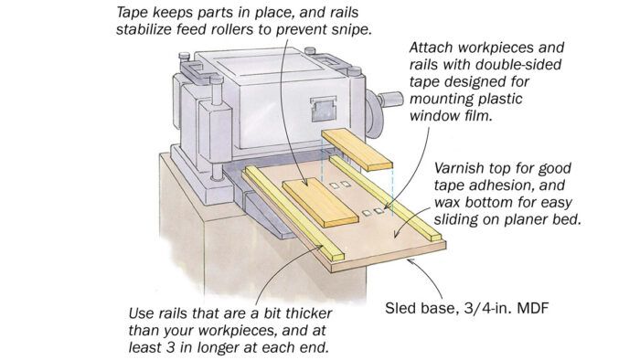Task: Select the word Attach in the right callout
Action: [432, 48]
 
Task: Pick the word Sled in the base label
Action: [400, 308]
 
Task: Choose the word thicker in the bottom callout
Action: [309, 313]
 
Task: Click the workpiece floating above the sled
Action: [357, 149]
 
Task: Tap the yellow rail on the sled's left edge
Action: [293, 213]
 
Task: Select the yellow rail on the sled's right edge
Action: [386, 197]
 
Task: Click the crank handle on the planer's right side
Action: [389, 99]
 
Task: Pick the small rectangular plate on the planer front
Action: [324, 109]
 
